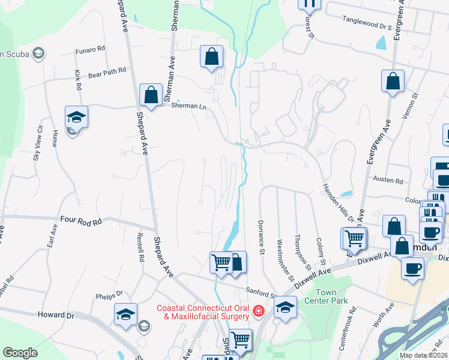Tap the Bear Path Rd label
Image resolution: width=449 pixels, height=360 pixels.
(x=107, y=70)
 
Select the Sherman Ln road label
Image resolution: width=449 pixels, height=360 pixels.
(x=188, y=106)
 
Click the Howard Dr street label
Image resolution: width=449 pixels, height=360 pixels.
(x=55, y=314)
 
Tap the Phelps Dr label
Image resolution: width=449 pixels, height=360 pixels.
(x=109, y=295)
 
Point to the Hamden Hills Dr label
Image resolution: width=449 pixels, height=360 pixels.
(x=337, y=203)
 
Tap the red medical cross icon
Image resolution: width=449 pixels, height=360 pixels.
(x=258, y=311)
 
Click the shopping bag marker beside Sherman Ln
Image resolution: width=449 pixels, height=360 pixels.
(x=151, y=95)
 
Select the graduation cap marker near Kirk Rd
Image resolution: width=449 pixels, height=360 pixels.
(x=76, y=116)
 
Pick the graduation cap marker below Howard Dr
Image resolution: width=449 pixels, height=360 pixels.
(x=125, y=314)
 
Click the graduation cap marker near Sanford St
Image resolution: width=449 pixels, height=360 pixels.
(x=285, y=308)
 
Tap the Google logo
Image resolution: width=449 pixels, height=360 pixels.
(x=20, y=353)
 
